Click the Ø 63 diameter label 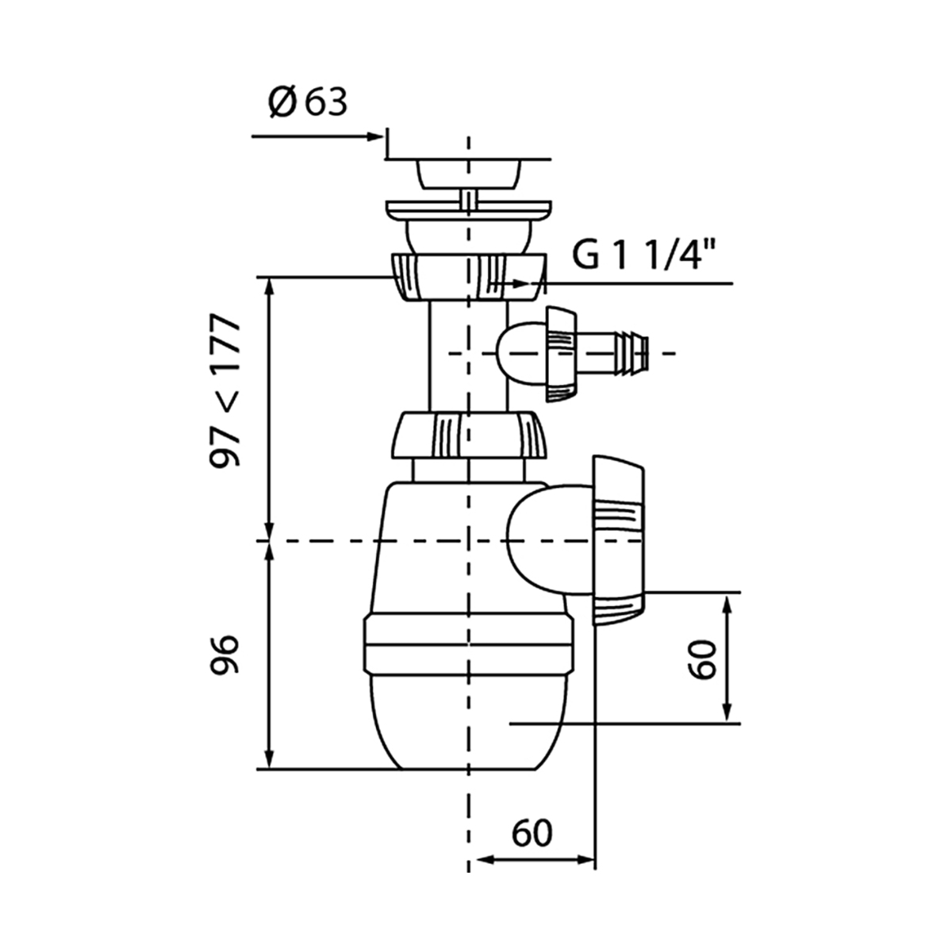click(308, 103)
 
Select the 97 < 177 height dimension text click(225, 390)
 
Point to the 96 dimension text click(225, 655)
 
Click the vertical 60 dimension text click(702, 659)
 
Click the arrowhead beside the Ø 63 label click(374, 136)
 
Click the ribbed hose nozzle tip click(635, 353)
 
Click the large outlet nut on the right click(619, 542)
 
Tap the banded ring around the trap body click(469, 644)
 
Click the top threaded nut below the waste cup click(468, 277)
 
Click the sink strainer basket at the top click(468, 174)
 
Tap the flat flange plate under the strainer click(468, 210)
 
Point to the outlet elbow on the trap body click(549, 540)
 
